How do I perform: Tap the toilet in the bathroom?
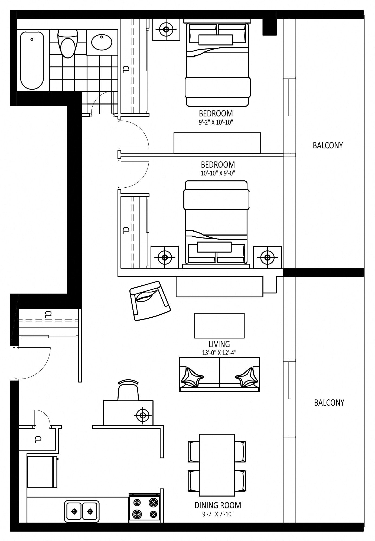click(68, 43)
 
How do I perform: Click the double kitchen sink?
click(82, 511)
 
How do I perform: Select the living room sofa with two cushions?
click(219, 374)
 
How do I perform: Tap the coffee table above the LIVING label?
click(219, 325)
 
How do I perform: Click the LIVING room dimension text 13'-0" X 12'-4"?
click(219, 353)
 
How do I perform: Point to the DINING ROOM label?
click(218, 505)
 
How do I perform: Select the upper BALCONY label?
click(328, 145)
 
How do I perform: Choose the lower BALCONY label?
click(329, 403)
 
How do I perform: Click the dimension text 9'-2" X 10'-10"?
click(216, 122)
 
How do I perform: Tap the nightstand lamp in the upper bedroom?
click(166, 29)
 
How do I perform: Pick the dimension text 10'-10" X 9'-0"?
click(218, 173)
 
